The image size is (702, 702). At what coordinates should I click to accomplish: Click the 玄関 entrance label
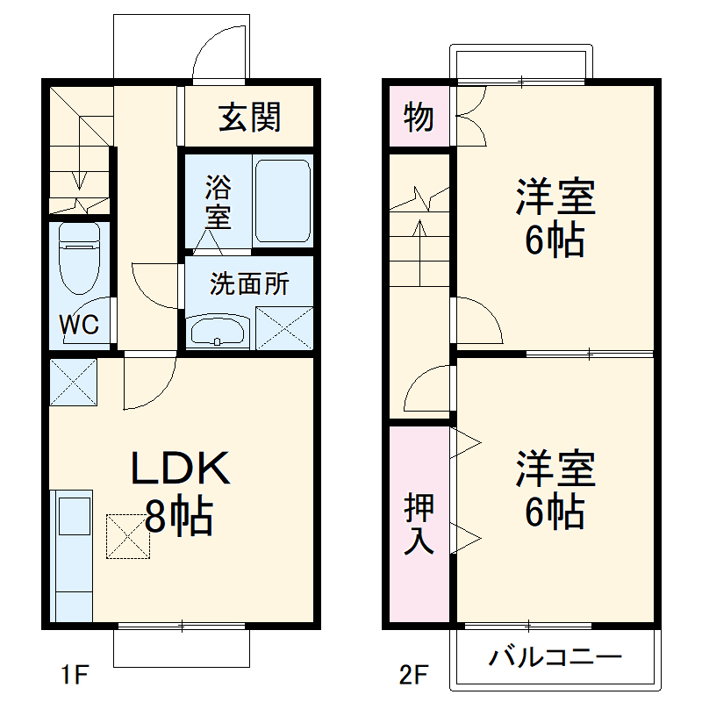click(x=249, y=117)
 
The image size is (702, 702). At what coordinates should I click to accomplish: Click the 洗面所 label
click(x=248, y=284)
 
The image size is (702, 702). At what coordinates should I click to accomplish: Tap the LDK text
click(x=180, y=469)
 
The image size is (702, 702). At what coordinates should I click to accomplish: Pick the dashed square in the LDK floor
click(x=129, y=535)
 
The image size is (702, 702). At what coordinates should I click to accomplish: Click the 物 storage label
click(x=419, y=117)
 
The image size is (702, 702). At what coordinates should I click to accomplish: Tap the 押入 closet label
click(x=419, y=525)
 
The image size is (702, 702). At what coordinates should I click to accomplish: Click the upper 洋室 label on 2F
click(x=555, y=218)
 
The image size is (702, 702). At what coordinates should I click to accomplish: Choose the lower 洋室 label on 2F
click(x=555, y=490)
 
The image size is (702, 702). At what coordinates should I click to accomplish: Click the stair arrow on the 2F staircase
click(x=420, y=246)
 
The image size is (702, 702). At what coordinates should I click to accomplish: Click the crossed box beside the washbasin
click(x=284, y=328)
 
